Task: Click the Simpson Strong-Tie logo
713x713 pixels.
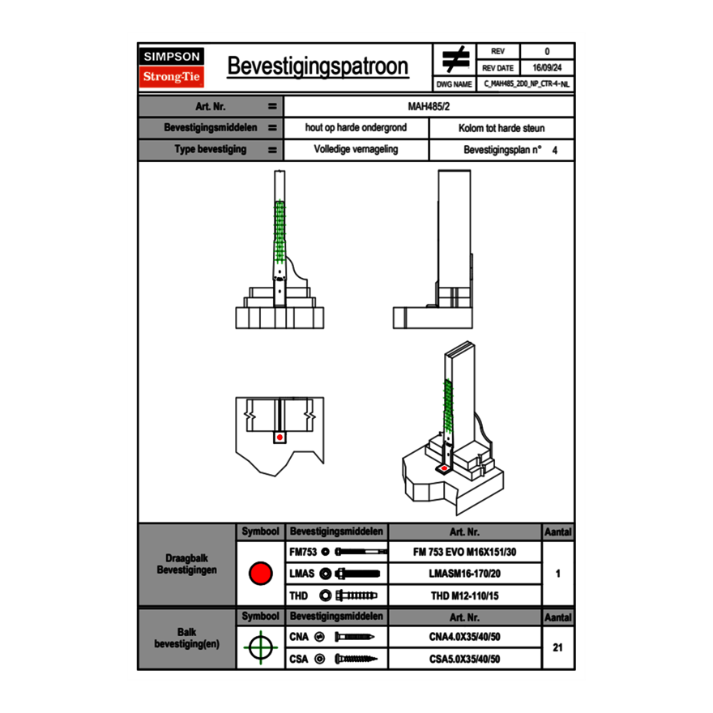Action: tap(172, 67)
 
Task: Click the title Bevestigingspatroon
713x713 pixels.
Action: tap(318, 66)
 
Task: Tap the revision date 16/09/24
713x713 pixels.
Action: tap(547, 68)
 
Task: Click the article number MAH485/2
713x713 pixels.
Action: tap(429, 106)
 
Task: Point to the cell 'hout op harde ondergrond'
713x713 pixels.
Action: tap(356, 128)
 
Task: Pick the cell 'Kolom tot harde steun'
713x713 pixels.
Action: tap(501, 128)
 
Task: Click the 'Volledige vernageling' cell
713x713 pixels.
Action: tap(356, 150)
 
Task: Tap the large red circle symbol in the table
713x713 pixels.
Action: tap(260, 574)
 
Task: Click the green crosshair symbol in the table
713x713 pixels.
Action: tap(260, 647)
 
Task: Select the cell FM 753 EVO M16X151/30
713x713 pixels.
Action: tap(464, 552)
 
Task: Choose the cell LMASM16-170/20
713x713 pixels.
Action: tap(464, 574)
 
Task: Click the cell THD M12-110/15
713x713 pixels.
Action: tap(464, 596)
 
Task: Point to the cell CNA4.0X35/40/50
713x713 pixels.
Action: tap(464, 637)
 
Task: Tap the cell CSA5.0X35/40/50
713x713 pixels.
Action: tap(464, 659)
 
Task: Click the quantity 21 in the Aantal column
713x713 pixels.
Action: tap(558, 647)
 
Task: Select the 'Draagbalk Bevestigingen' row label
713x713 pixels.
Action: tap(187, 565)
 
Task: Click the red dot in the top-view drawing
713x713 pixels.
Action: tap(280, 438)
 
